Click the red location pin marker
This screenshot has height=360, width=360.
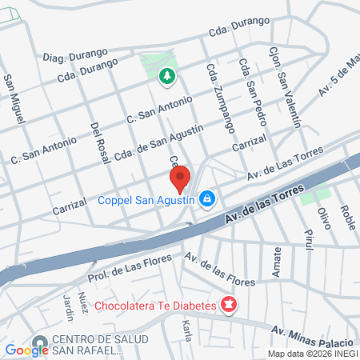coord(180,178)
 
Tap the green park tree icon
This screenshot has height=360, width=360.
coord(167,77)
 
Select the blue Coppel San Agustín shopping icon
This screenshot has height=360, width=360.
coord(207,198)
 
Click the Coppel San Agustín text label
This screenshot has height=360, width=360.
coord(146,201)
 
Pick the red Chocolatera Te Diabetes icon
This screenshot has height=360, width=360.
coord(229,305)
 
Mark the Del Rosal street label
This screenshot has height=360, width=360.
coord(100,142)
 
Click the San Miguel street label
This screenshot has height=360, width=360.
coord(12,97)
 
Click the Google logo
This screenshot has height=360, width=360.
coord(26,349)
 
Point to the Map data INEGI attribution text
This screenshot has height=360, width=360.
coord(312,354)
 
